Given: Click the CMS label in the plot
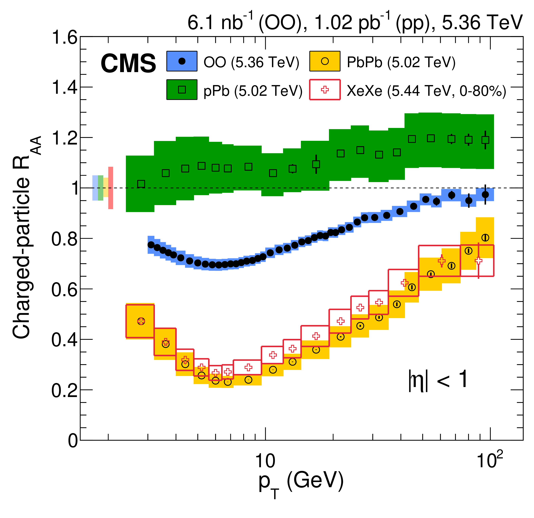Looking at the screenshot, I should (128, 63).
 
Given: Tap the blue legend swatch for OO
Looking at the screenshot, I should (182, 61).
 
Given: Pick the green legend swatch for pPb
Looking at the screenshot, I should (182, 90).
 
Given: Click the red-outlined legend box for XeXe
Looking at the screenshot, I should (325, 90).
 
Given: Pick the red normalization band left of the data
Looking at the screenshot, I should (111, 188).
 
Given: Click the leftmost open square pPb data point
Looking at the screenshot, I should (141, 184).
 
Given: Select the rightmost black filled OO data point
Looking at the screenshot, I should (485, 194).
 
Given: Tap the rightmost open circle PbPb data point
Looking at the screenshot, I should (485, 237).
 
